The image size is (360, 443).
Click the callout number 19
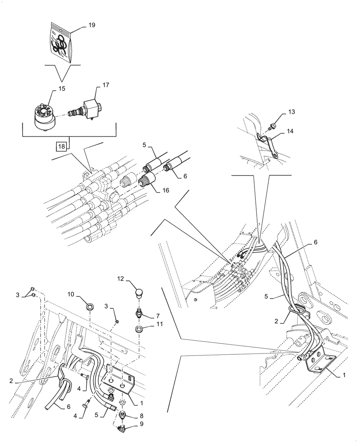tap(91, 26)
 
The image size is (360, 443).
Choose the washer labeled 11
tap(139, 330)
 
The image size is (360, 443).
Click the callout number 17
tap(106, 84)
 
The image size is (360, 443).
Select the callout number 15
tap(62, 89)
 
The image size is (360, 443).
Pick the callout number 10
tap(70, 294)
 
